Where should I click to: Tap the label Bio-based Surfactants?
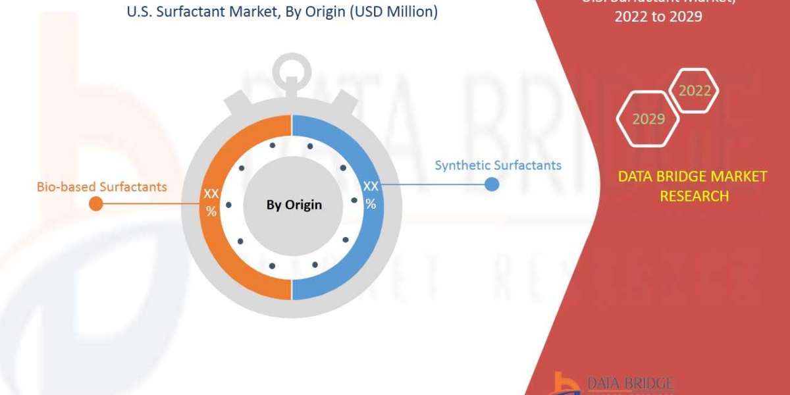pyautogui.click(x=102, y=187)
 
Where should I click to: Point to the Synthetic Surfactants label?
pyautogui.click(x=498, y=165)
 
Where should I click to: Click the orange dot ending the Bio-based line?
pyautogui.click(x=95, y=203)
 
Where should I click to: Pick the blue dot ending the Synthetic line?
pyautogui.click(x=491, y=184)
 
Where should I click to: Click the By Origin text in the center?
pyautogui.click(x=294, y=205)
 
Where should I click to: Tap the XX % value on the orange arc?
pyautogui.click(x=211, y=202)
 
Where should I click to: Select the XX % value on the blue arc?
pyautogui.click(x=371, y=196)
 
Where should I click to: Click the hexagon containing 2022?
pyautogui.click(x=694, y=91)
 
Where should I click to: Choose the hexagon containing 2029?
pyautogui.click(x=648, y=118)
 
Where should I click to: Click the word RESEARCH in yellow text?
pyautogui.click(x=694, y=196)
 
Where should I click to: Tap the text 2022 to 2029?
pyautogui.click(x=658, y=18)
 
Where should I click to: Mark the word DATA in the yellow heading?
pyautogui.click(x=636, y=176)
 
